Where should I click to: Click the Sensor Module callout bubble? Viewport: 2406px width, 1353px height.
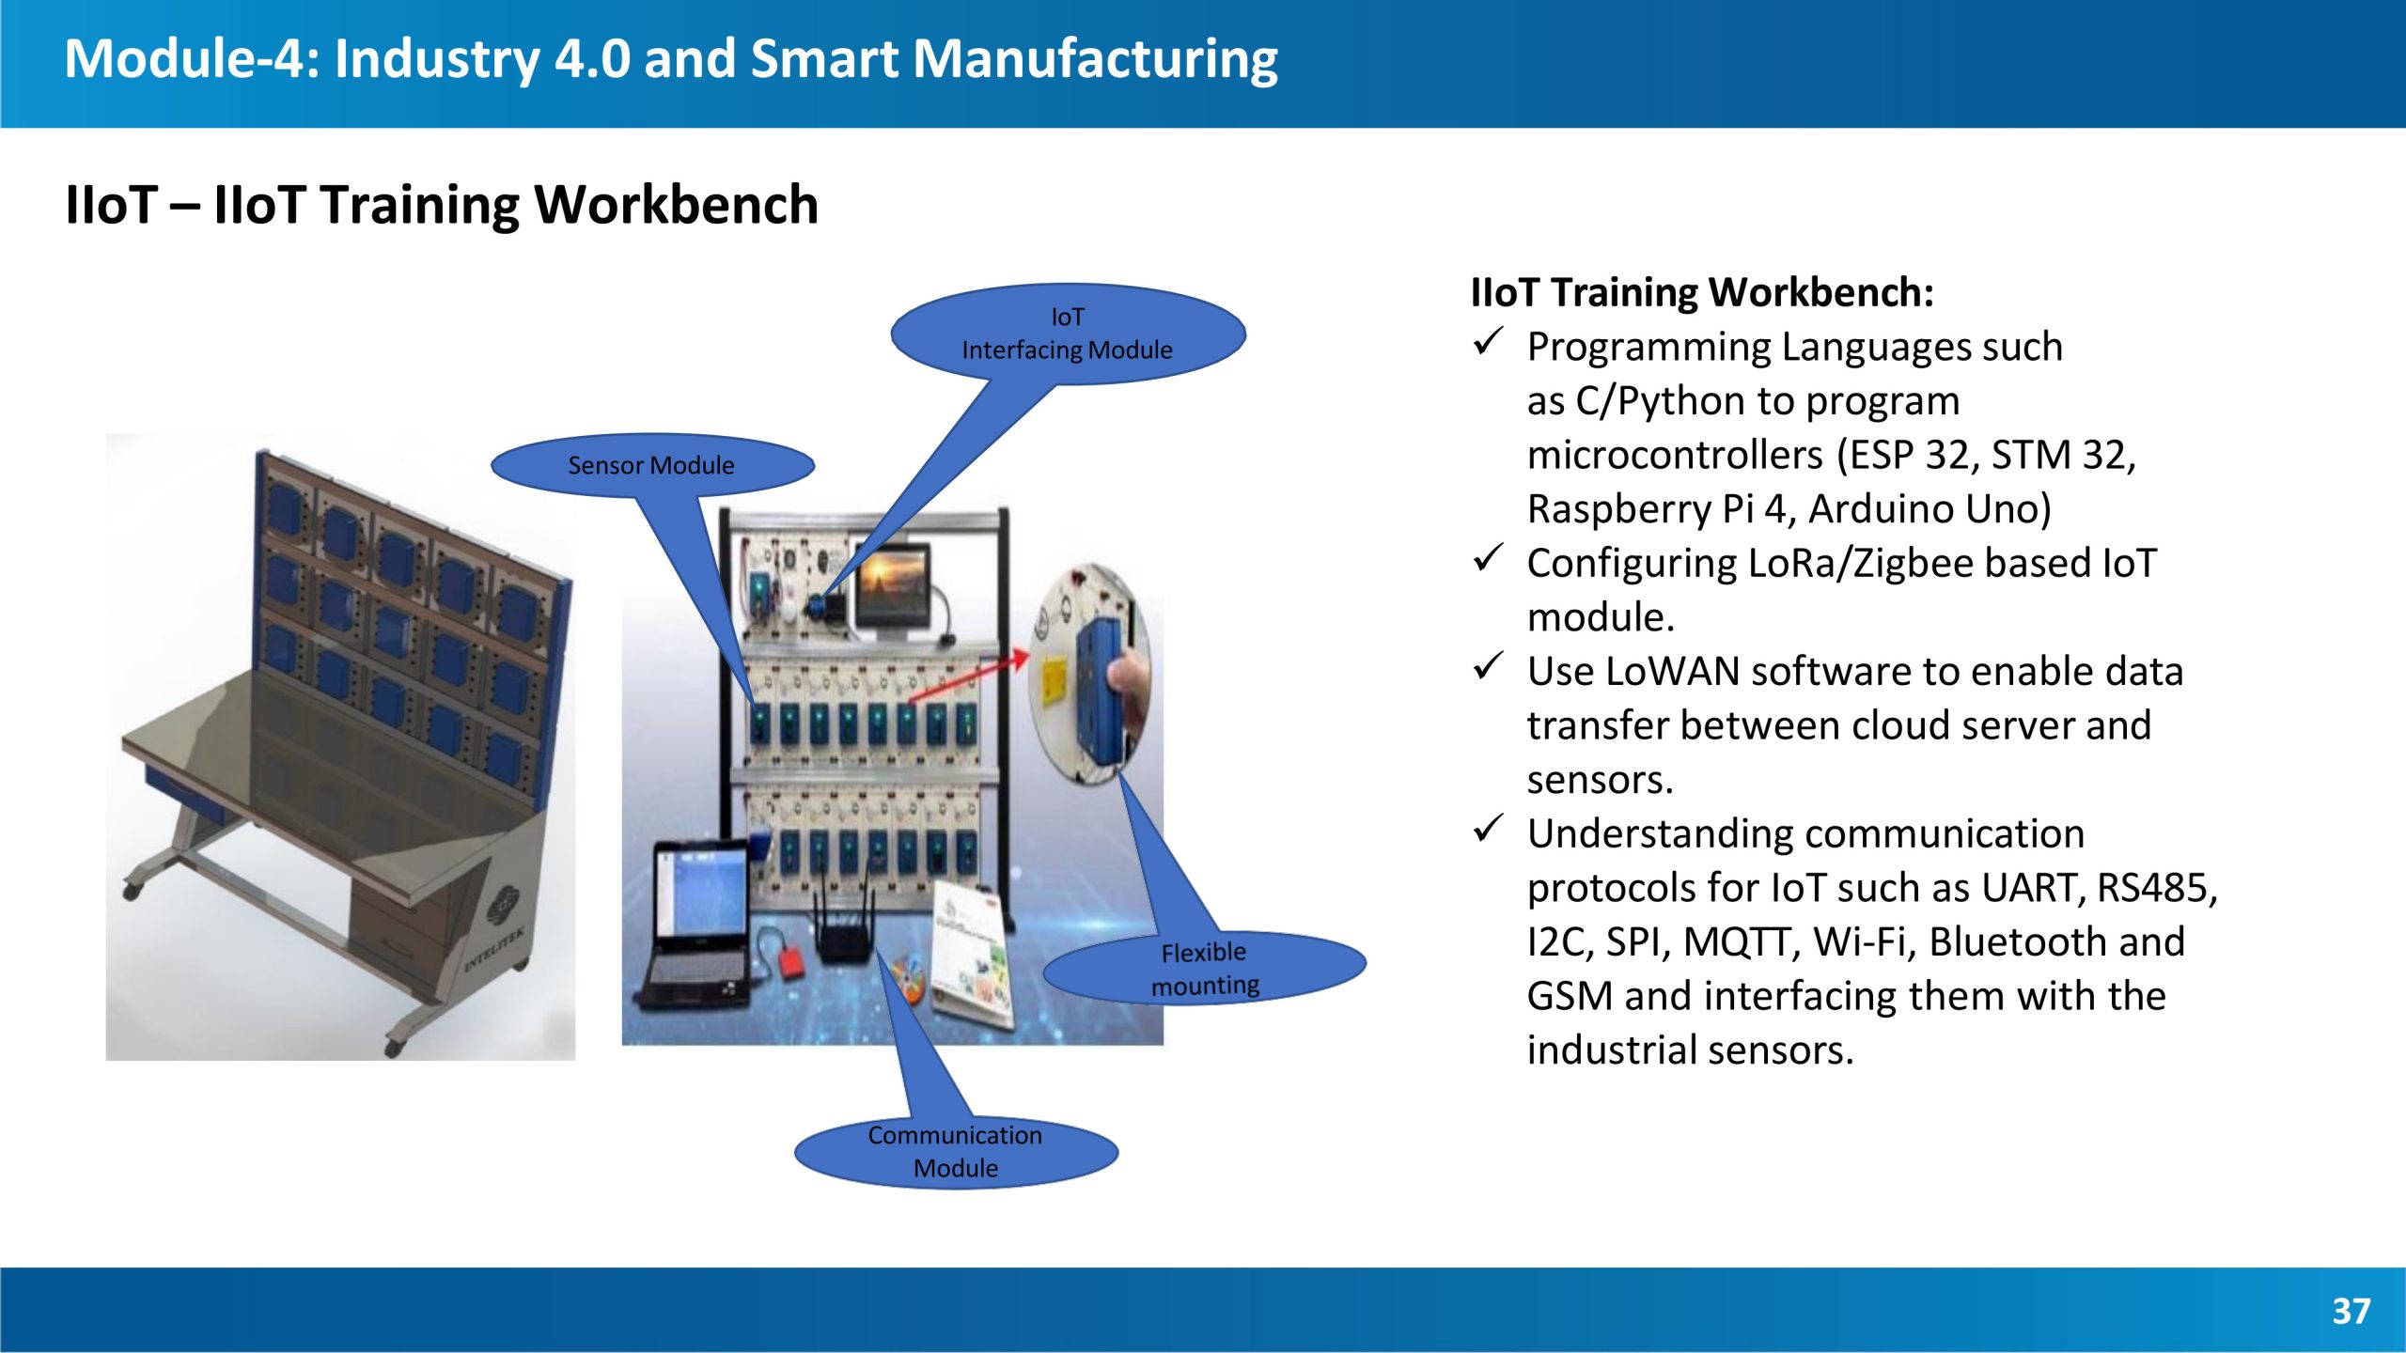[652, 465]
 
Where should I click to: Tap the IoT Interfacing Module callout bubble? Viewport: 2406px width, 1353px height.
[1068, 334]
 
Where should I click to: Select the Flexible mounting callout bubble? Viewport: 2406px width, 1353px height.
[1204, 968]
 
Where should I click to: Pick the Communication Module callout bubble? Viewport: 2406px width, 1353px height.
[956, 1151]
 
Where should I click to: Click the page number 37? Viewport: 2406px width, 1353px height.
[2351, 1311]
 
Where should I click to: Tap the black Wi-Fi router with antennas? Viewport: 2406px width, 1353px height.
[844, 925]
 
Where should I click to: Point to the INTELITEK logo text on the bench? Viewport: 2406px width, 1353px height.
[495, 948]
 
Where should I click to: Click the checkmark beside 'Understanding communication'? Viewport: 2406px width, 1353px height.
[1488, 828]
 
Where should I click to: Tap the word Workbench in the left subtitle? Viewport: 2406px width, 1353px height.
[677, 205]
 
